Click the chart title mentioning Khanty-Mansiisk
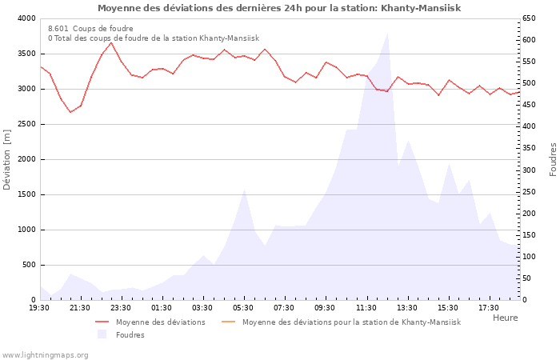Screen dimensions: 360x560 pos(279,8)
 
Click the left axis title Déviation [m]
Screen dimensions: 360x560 pos(7,158)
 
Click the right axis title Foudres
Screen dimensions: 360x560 pos(553,158)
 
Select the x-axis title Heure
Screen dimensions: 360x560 pos(505,318)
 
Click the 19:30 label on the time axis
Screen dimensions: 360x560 pos(40,307)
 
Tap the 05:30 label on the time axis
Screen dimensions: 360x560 pos(243,307)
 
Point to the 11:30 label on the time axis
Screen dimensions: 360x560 pos(366,307)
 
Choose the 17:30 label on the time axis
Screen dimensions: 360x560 pos(489,307)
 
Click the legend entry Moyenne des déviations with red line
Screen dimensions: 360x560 pos(160,322)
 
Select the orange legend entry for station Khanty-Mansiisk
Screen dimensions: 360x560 pos(351,322)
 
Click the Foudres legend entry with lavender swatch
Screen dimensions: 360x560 pos(130,334)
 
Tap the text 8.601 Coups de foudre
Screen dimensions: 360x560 pos(90,28)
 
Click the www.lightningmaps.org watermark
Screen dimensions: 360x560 pos(45,354)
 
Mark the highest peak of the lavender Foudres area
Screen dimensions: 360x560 pos(388,34)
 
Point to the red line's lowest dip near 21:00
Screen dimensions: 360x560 pos(70,112)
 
